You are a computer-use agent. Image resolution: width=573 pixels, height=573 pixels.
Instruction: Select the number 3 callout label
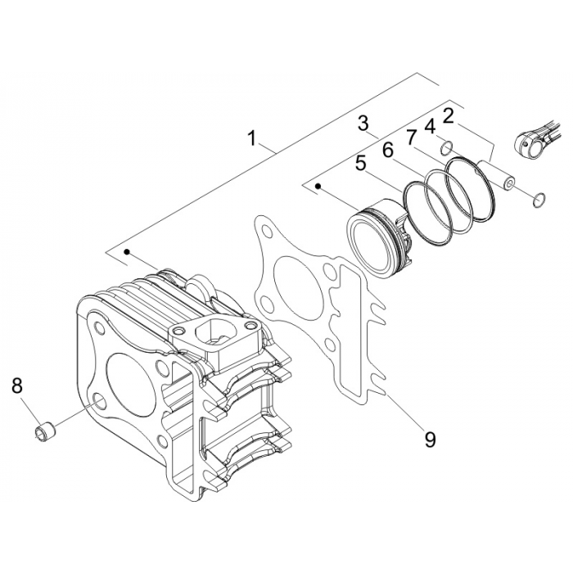coord(363,124)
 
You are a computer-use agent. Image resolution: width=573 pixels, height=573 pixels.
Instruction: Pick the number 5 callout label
coord(359,164)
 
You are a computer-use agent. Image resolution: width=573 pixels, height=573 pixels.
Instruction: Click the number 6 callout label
coord(387,150)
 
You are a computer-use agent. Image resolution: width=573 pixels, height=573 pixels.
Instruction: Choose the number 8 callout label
coord(17,386)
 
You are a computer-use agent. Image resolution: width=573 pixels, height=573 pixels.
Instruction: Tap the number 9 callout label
coord(429,440)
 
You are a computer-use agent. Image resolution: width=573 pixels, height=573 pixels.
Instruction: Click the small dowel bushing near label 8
coord(45,428)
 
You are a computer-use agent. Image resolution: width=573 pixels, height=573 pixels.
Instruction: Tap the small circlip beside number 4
coord(447,147)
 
